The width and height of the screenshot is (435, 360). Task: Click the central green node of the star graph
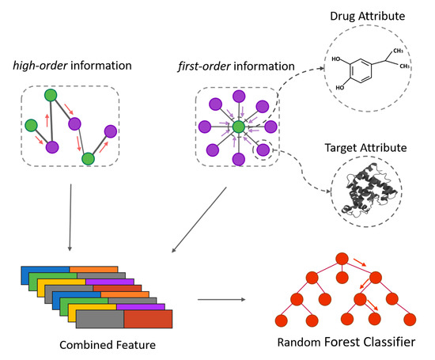[237, 126]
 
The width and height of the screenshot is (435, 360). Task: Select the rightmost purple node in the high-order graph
[110, 131]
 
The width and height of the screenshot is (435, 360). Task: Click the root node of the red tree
[341, 258]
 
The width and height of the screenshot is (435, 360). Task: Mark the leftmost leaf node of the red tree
[279, 320]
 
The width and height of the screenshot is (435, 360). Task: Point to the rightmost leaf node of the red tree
[409, 320]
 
